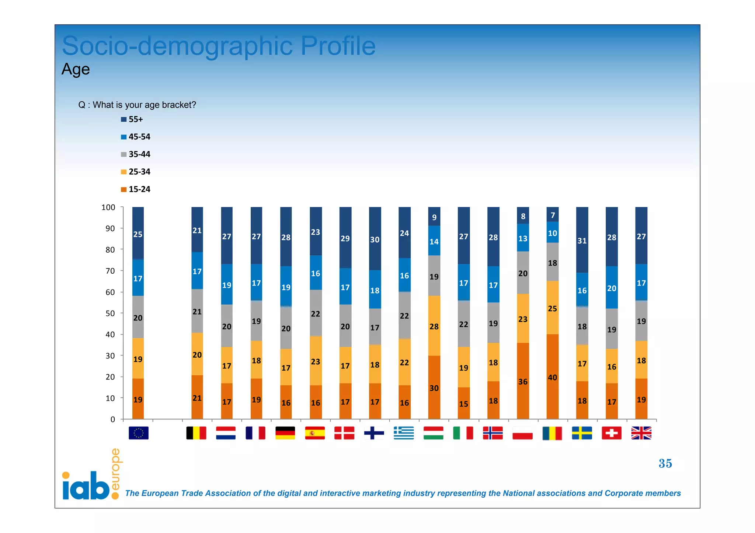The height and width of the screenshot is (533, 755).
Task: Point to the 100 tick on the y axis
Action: point(108,207)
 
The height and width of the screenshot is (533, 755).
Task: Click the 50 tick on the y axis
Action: point(110,313)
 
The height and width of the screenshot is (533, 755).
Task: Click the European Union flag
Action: point(139,433)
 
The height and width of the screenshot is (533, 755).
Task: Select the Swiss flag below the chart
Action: point(612,433)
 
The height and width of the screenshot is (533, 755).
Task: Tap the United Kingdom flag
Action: point(641,433)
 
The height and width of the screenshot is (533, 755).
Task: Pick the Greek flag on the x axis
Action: point(404,433)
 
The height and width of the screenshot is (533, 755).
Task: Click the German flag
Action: point(285,433)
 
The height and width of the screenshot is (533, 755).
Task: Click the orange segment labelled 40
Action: point(552,377)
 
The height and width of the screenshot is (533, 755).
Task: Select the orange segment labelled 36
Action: point(523,381)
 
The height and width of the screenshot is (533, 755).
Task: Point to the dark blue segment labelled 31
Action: point(582,240)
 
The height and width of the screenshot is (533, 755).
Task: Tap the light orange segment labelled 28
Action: point(434,326)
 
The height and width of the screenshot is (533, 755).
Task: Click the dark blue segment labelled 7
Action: point(553,215)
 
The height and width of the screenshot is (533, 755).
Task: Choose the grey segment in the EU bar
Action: point(138,317)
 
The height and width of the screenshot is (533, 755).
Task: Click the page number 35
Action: point(665,463)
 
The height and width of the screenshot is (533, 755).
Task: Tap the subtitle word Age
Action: point(76,69)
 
